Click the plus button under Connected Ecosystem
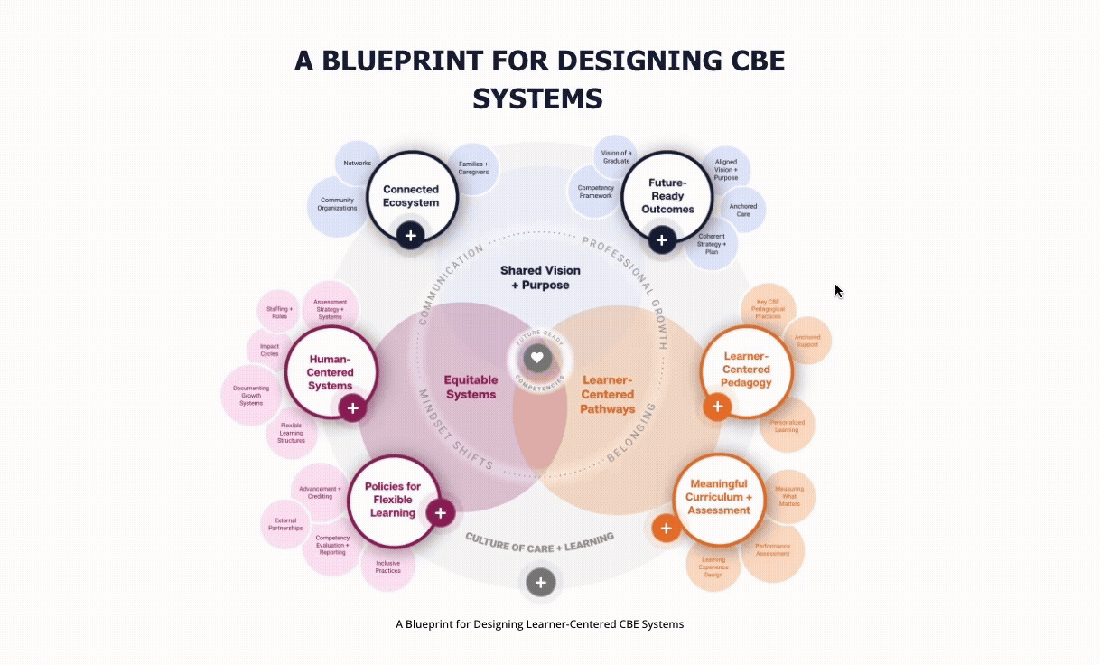point(411,236)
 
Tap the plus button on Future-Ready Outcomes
point(662,240)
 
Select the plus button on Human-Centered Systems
point(353,408)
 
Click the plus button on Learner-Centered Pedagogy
point(717,407)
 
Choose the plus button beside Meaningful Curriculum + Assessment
point(667,529)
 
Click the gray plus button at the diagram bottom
point(540,583)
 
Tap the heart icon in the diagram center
point(536,357)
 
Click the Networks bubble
point(358,164)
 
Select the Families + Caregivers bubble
point(474,168)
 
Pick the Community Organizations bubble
point(337,204)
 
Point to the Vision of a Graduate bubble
point(617,156)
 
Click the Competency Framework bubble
point(595,192)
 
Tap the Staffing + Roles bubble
point(279,313)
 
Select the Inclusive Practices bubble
point(388,567)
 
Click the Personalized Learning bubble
point(787,426)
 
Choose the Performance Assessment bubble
point(773,549)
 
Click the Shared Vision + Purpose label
point(540,277)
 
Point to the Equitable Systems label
point(471,388)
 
